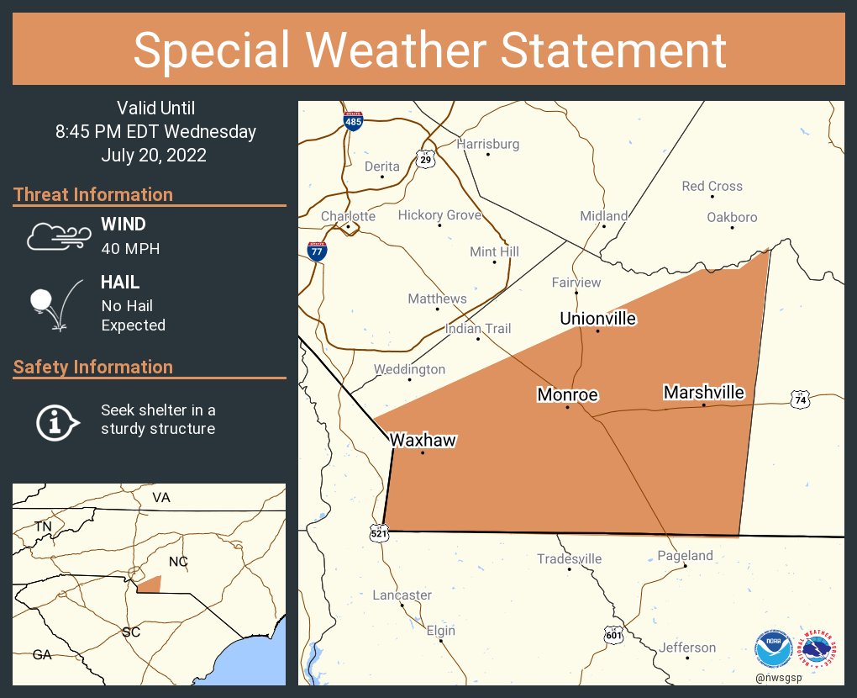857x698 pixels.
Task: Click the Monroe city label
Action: click(567, 394)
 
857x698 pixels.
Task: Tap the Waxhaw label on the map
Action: click(422, 439)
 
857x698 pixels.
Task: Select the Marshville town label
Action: click(703, 392)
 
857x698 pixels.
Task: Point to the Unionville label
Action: click(597, 318)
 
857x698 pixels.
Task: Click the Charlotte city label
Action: click(348, 216)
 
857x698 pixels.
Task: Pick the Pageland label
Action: click(685, 555)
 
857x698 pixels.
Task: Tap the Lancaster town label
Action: click(402, 595)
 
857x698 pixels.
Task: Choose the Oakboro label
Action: click(731, 217)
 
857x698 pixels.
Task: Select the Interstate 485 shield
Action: click(354, 121)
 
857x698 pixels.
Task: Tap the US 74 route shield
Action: click(801, 400)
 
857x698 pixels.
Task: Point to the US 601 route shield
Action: click(614, 635)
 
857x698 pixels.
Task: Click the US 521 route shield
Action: click(379, 532)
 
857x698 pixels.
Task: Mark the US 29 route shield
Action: click(426, 157)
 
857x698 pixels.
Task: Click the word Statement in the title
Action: click(613, 50)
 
